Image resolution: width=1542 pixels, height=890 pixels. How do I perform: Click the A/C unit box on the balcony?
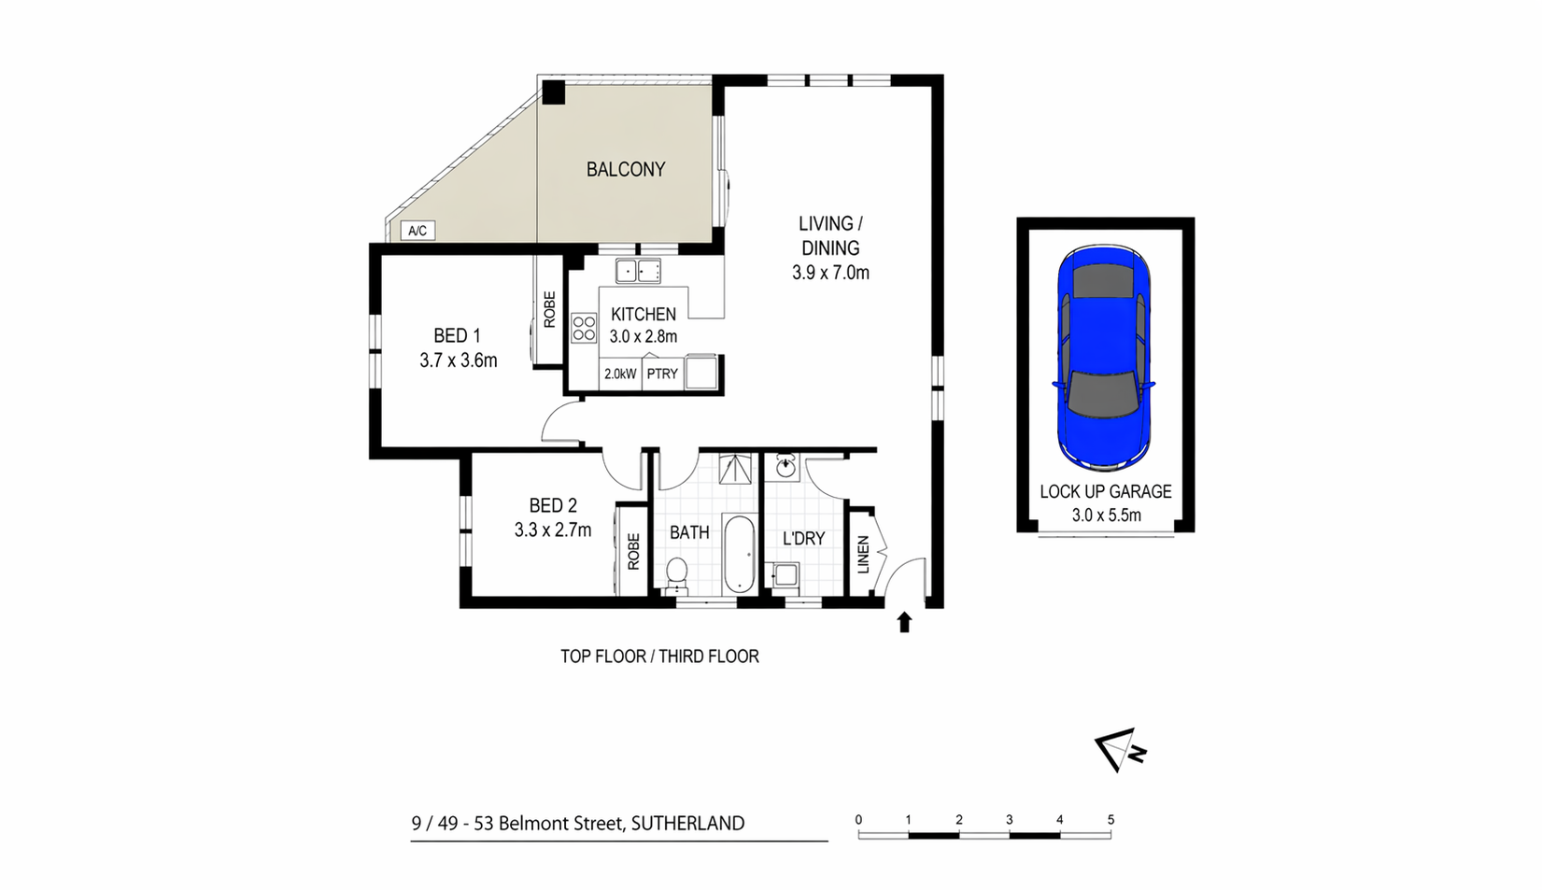pos(417,231)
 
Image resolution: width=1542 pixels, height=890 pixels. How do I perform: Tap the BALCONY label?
pos(626,169)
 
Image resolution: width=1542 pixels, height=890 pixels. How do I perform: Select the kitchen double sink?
pos(638,271)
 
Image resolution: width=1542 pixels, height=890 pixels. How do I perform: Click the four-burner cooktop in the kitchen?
pos(584,328)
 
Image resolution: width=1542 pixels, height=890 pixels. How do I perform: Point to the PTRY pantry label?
pos(662,374)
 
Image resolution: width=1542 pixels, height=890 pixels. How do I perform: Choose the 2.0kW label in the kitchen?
pos(620,374)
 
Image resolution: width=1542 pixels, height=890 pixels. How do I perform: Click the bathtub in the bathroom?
pos(739,554)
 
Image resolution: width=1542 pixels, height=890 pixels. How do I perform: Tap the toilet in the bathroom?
pos(677,575)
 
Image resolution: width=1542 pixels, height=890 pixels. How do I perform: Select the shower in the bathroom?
pos(737,468)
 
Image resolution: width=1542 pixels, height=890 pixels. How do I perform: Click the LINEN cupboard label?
pos(863,555)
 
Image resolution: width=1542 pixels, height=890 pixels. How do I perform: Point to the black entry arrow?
pos(904,622)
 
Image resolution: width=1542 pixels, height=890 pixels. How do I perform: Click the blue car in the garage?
pos(1104,358)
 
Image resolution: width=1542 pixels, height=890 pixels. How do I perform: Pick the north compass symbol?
pos(1120,750)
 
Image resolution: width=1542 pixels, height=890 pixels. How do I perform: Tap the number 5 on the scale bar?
pos(1111,820)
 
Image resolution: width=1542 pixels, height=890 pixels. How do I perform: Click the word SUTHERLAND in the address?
pos(687,824)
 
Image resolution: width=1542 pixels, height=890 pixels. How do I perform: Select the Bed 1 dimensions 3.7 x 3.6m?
pos(459,360)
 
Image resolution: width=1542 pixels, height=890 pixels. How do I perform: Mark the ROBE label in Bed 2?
pos(633,551)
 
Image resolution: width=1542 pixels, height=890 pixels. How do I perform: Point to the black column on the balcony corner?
pos(554,92)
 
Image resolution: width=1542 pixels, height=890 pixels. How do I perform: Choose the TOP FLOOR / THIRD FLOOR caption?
pos(659,656)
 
